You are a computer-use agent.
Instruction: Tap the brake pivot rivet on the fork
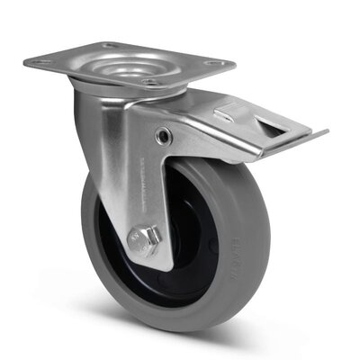click(163, 136)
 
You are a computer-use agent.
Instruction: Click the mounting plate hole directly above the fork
click(149, 82)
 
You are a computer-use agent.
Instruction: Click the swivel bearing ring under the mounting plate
click(135, 87)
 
